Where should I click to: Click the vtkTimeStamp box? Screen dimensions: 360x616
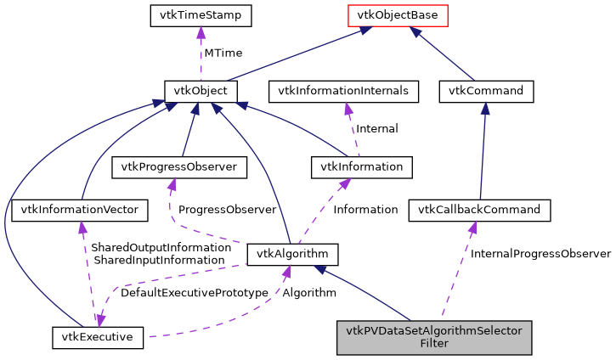tap(200, 15)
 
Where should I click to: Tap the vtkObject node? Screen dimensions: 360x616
tap(200, 91)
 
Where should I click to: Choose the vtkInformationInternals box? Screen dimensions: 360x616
tap(344, 91)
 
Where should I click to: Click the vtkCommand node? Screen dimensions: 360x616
tap(486, 91)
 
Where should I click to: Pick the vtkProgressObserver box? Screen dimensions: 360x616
tap(179, 166)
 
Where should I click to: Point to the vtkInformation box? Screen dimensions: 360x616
tap(362, 166)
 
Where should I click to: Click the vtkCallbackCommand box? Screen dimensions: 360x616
tap(480, 209)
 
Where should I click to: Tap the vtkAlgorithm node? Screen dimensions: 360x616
tap(292, 254)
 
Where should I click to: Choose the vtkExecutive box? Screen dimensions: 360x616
tap(98, 337)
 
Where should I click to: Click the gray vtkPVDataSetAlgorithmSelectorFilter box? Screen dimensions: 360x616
tap(434, 337)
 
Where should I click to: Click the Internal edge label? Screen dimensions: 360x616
tap(376, 129)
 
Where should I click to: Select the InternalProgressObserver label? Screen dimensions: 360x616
tap(540, 254)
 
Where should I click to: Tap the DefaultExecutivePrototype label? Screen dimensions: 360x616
tap(194, 293)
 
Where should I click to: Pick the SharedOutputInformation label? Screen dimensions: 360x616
tap(161, 247)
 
